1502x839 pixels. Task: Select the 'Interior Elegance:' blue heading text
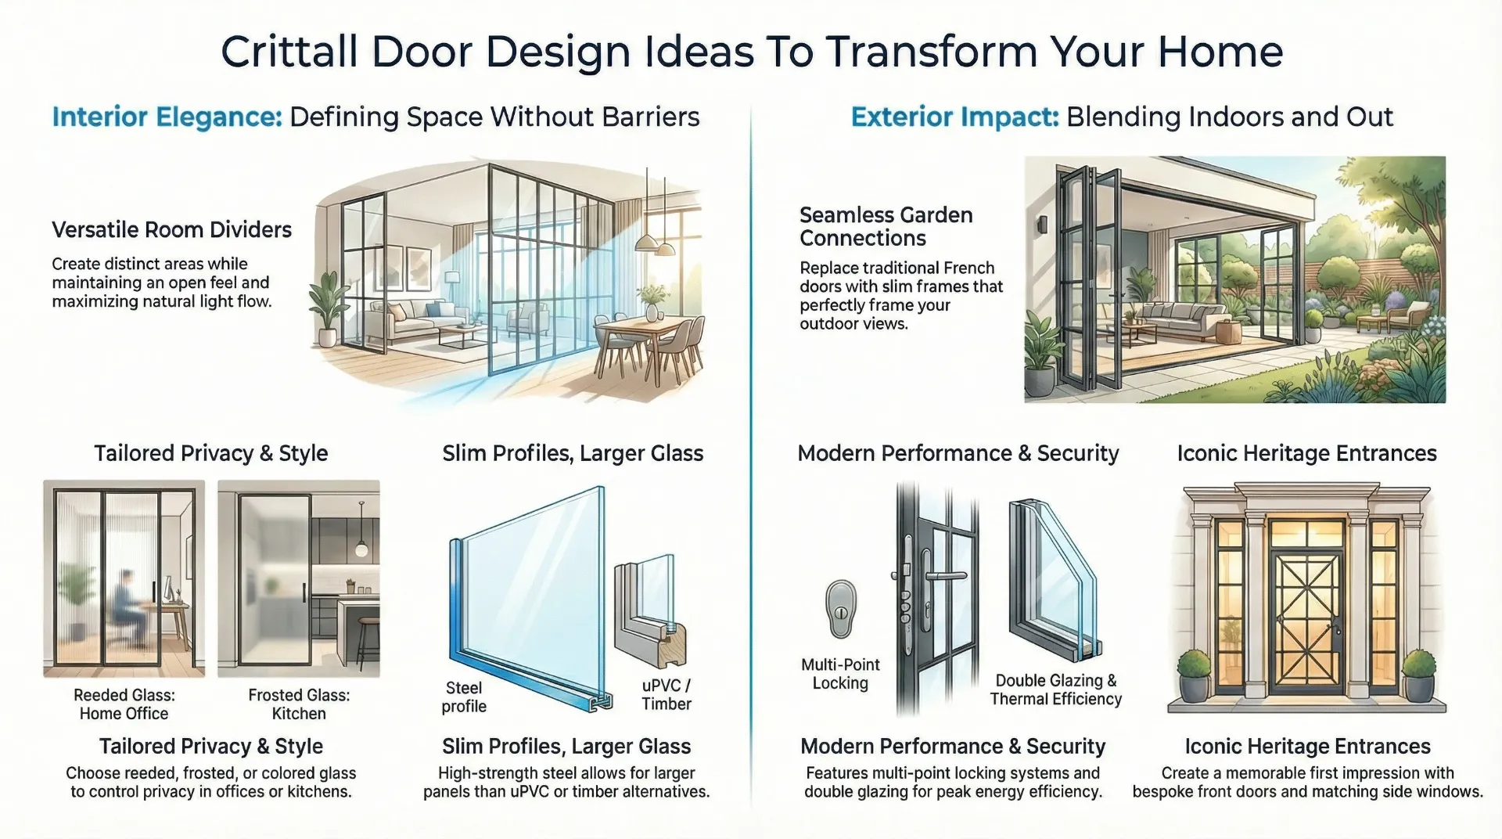(x=167, y=117)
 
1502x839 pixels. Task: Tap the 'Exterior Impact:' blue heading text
(x=954, y=117)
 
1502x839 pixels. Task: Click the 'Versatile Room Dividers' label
(x=171, y=230)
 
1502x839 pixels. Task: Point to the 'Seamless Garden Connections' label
(x=886, y=226)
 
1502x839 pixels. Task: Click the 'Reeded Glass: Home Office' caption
(x=124, y=704)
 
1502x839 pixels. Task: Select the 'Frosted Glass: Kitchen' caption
(x=299, y=704)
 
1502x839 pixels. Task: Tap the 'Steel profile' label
(x=464, y=697)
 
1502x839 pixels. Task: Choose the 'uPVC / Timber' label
(x=667, y=695)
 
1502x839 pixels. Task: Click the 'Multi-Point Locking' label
(x=840, y=674)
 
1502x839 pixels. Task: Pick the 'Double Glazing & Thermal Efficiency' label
(x=1055, y=690)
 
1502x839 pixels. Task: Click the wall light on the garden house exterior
(x=1042, y=225)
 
